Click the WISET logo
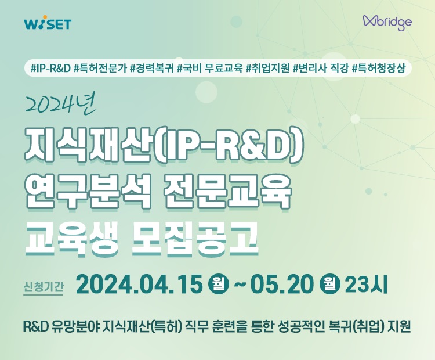pyautogui.click(x=49, y=24)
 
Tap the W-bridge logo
pyautogui.click(x=387, y=22)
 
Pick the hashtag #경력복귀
pyautogui.click(x=152, y=69)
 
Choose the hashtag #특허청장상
pyautogui.click(x=382, y=69)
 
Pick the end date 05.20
pyautogui.click(x=282, y=285)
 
